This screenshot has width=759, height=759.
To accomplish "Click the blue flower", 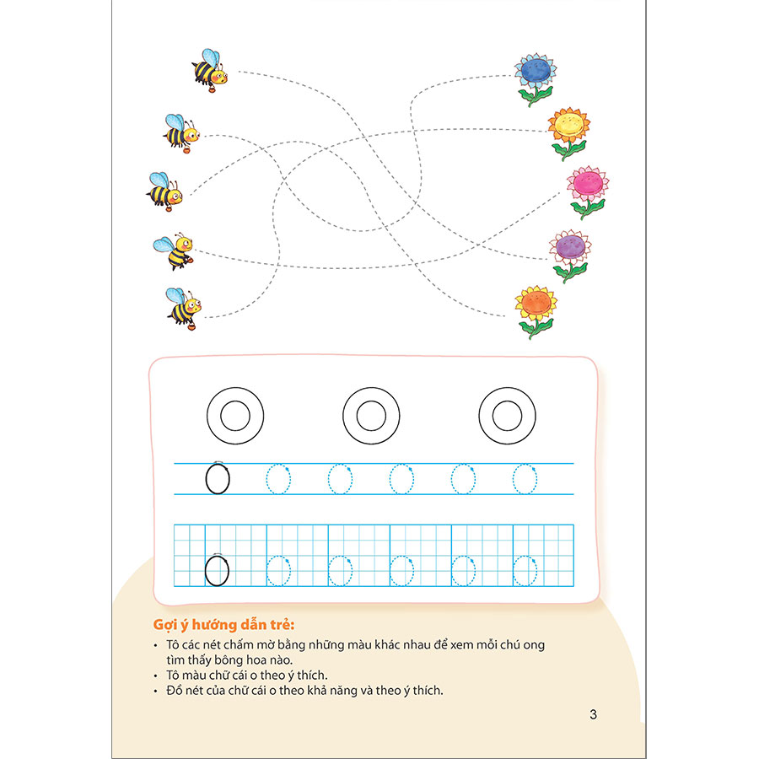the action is (536, 78).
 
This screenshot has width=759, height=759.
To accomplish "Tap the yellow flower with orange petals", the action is (569, 132).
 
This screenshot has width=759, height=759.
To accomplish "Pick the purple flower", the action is (571, 254).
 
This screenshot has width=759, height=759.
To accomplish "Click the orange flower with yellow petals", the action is (536, 310).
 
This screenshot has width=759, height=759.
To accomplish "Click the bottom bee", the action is (184, 309).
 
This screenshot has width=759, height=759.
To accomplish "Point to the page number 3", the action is (593, 714).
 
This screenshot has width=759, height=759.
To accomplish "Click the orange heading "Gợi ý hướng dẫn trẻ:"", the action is (223, 624).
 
